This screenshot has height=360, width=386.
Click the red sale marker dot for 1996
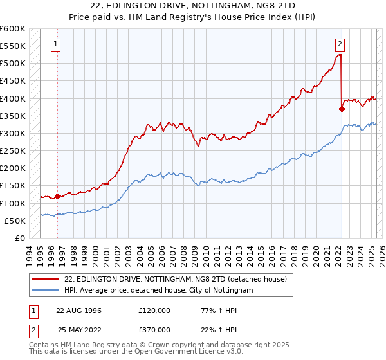[57, 196]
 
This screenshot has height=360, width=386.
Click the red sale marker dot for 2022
[342, 109]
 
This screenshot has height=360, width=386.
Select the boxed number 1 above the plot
[57, 44]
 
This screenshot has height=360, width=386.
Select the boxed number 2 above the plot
[340, 44]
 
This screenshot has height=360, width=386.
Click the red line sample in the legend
[45, 278]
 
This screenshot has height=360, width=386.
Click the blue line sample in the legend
[45, 291]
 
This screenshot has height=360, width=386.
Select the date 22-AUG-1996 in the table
[79, 310]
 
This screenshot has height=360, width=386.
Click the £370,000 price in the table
[154, 329]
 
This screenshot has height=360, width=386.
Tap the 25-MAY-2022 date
[79, 329]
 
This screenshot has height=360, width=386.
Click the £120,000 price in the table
[154, 310]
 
